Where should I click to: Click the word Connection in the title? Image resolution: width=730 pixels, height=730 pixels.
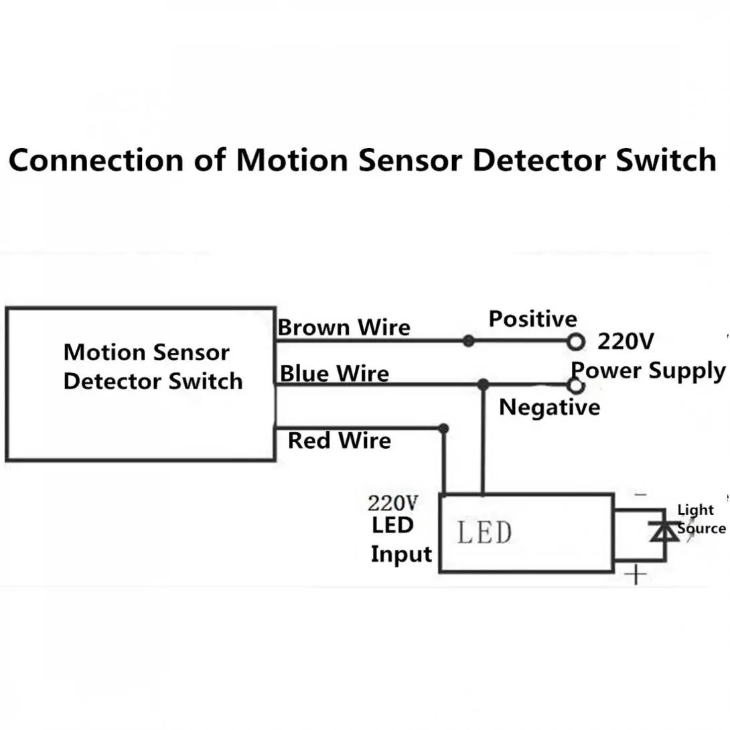coord(96,160)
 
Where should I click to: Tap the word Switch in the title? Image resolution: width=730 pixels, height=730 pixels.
coord(666,160)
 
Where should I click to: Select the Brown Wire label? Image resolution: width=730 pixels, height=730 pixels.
coord(344,327)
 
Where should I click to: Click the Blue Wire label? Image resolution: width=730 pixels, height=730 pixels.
coord(334,374)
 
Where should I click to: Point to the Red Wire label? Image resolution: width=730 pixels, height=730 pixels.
coord(340,441)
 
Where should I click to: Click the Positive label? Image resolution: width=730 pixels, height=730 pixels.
coord(532,319)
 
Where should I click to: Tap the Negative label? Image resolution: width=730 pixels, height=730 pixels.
coord(549,407)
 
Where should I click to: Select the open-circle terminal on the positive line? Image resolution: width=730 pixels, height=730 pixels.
coord(576,342)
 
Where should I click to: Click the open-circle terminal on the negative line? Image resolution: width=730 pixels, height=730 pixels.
coord(577,386)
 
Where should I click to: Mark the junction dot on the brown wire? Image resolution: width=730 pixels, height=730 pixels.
coord(469,342)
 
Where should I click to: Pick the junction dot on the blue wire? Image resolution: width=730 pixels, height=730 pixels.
coord(484,384)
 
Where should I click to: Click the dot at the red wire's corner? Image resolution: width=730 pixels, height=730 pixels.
coord(443,429)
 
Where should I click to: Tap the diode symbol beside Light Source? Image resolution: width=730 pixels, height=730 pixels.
coord(664,531)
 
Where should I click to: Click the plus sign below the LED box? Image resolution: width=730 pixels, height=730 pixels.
coord(636,575)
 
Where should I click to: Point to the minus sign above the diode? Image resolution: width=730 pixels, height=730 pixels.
coord(641,494)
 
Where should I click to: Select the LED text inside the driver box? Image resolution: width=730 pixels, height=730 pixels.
coord(484,532)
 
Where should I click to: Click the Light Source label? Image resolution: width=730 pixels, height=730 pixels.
coord(701,519)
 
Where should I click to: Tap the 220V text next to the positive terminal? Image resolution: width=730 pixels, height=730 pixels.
coord(626,342)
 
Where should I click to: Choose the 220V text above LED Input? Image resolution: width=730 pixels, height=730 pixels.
coord(393,503)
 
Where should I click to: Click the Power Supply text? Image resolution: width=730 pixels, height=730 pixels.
coord(648,371)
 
